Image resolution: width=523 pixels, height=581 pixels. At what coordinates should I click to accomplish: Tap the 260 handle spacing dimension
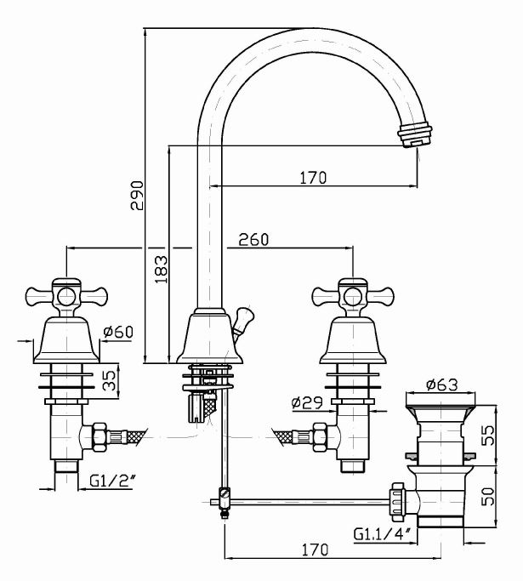click(253, 240)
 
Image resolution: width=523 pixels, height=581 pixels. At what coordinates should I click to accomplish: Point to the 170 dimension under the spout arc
click(314, 178)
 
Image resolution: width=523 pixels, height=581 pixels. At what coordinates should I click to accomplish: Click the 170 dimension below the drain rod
click(314, 550)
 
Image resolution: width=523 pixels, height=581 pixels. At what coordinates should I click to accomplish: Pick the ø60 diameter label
click(118, 332)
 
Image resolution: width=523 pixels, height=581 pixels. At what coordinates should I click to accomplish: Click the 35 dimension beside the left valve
click(110, 379)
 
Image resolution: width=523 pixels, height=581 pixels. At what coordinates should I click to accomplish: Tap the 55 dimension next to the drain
click(488, 436)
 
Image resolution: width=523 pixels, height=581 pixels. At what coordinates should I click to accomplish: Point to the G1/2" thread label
click(108, 481)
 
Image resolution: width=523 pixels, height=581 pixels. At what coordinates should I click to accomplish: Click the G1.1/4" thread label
click(382, 534)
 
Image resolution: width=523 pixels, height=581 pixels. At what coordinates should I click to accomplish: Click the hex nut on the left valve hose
click(97, 436)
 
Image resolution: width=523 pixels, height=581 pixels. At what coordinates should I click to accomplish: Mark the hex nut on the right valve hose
click(321, 436)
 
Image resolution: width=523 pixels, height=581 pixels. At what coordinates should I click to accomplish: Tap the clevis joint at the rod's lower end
click(224, 500)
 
